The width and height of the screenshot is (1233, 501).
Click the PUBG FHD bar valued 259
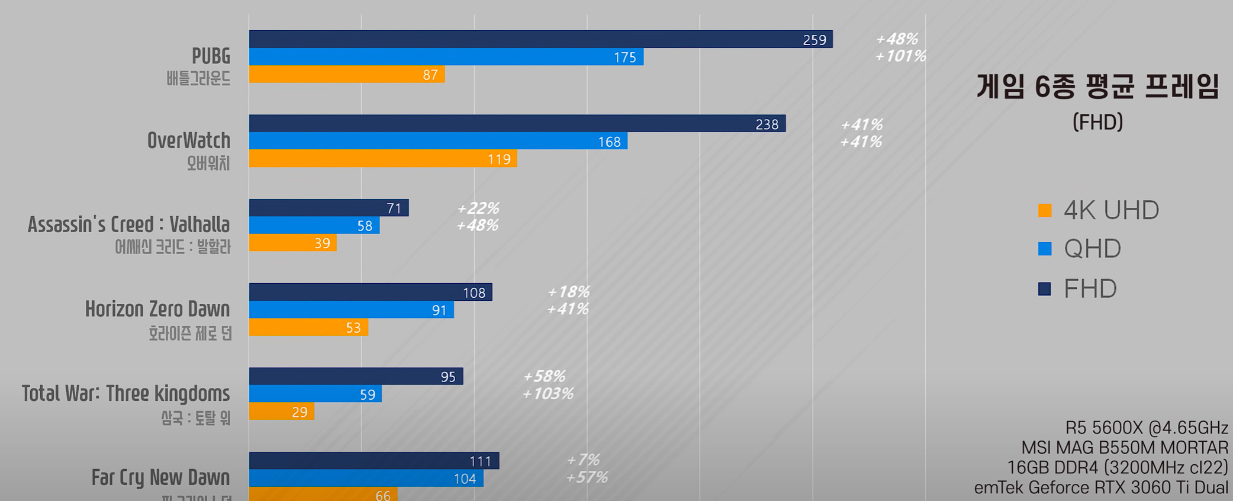point(540,39)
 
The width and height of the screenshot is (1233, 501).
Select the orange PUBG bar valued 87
point(346,75)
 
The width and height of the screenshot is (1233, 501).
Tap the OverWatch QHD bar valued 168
point(438,142)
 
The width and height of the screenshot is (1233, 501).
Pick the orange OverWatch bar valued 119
point(382,159)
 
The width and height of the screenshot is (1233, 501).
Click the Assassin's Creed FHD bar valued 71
point(329,208)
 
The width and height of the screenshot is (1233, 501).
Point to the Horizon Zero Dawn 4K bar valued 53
point(308,327)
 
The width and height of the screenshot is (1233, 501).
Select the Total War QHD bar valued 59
point(315,394)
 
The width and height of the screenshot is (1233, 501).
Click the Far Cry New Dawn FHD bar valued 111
point(374,461)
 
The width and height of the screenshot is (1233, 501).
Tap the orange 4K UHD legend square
point(1045,210)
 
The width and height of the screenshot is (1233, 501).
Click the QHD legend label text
point(1092,249)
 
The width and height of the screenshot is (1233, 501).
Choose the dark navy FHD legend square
point(1045,289)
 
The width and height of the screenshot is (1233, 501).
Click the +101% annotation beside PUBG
point(900,56)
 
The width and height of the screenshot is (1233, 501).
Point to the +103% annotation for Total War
point(548,394)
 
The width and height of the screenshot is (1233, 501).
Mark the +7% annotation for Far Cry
point(583,460)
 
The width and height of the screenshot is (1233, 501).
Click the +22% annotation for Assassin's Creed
point(478,208)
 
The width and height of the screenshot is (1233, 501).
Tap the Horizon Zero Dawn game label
point(157,309)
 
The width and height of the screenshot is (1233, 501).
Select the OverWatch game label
point(189,141)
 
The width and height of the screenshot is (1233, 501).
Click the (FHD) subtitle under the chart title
point(1097,122)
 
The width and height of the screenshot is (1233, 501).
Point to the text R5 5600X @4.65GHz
point(1147,428)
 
